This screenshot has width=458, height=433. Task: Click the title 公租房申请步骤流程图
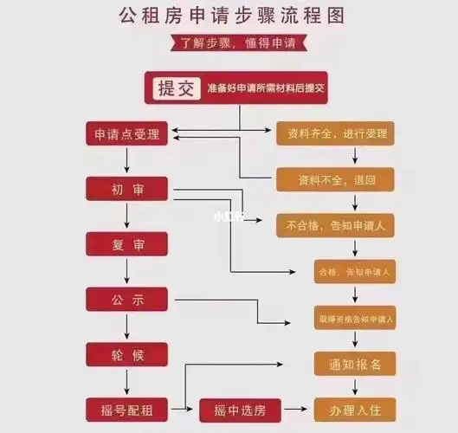(x=229, y=16)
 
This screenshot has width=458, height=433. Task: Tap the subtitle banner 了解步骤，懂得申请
(x=229, y=42)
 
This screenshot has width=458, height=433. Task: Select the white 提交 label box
(x=175, y=89)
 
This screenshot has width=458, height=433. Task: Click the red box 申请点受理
(x=127, y=134)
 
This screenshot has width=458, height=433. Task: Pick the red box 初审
(x=127, y=190)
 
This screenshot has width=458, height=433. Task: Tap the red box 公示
(x=127, y=300)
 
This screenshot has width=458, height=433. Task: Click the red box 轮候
(x=127, y=354)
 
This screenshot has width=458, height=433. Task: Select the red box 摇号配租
(x=127, y=408)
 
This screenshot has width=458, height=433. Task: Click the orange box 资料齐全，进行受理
(x=335, y=134)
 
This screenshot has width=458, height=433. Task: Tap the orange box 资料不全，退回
(x=335, y=180)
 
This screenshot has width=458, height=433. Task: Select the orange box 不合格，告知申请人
(x=335, y=226)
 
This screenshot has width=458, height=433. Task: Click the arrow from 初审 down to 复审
(x=127, y=216)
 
